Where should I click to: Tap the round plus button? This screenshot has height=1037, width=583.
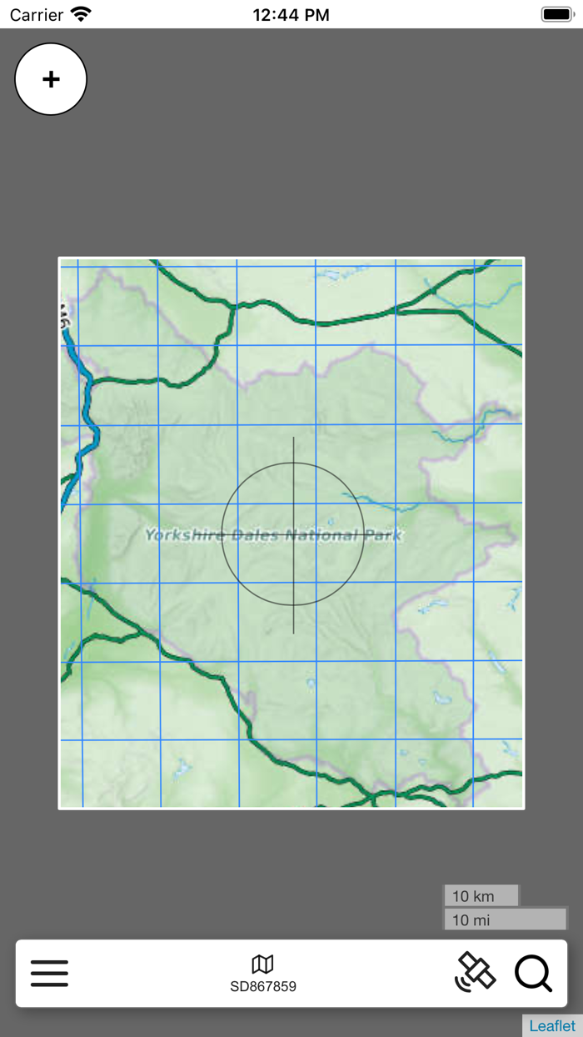(51, 79)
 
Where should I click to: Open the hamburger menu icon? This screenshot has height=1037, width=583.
(49, 973)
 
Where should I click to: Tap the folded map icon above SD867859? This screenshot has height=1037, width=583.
(263, 964)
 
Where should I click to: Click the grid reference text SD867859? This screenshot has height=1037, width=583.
(263, 987)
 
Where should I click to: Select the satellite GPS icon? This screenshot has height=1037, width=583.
(476, 972)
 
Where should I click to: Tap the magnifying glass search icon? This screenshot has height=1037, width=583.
(533, 973)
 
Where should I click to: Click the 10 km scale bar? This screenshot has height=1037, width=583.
(481, 896)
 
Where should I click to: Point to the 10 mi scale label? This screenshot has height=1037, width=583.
(471, 920)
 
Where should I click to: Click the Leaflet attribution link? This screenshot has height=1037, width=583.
(552, 1026)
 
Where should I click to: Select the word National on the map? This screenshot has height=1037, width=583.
(322, 535)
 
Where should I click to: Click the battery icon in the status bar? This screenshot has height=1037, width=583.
(556, 14)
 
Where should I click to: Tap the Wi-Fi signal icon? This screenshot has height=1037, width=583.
(81, 14)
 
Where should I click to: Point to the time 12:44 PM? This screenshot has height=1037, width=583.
(291, 15)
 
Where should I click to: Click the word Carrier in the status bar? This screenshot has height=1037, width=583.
(37, 15)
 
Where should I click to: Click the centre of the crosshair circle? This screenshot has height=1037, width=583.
(293, 534)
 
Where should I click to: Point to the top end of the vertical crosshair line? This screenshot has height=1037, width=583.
(293, 438)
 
